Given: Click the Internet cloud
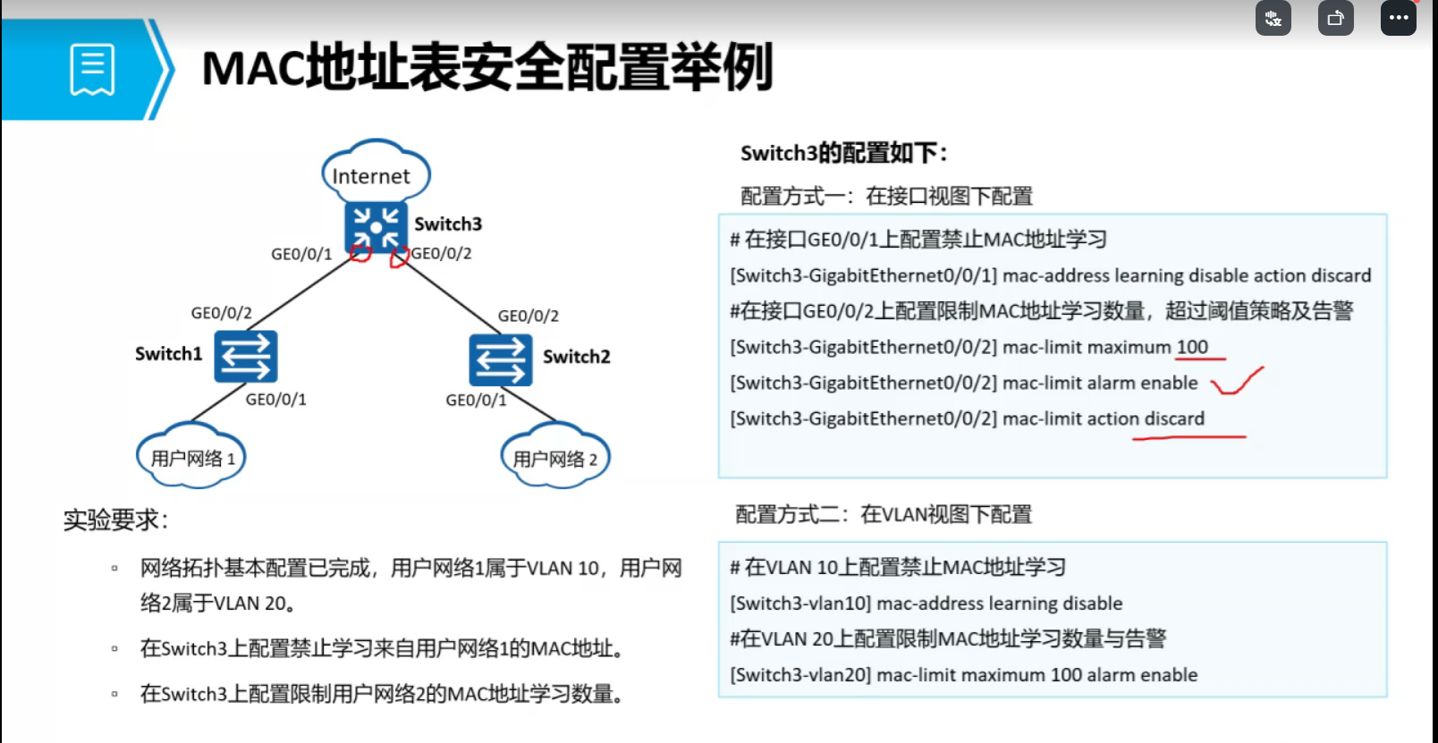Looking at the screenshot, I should pyautogui.click(x=375, y=174).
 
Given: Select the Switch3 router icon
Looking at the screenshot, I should pyautogui.click(x=376, y=227).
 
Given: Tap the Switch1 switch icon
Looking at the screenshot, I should pyautogui.click(x=246, y=356).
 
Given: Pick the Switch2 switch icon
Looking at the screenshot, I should pyautogui.click(x=500, y=359).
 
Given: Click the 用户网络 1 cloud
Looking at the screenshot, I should pyautogui.click(x=191, y=457).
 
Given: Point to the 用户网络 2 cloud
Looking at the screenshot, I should pyautogui.click(x=554, y=458).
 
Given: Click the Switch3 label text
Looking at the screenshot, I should pyautogui.click(x=448, y=224).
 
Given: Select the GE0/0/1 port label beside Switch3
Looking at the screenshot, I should pyautogui.click(x=301, y=255).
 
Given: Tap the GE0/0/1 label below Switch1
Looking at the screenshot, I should pyautogui.click(x=275, y=400).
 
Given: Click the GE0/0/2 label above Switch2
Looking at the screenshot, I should pyautogui.click(x=528, y=317).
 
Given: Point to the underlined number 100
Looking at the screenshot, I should pyautogui.click(x=1192, y=347).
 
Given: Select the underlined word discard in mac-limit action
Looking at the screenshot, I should pyautogui.click(x=1174, y=418).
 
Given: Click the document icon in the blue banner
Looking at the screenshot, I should pyautogui.click(x=92, y=70).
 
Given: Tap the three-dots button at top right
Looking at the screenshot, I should pyautogui.click(x=1399, y=18).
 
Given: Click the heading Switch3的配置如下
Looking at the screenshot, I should pyautogui.click(x=843, y=153).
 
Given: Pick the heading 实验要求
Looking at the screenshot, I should pyautogui.click(x=115, y=519).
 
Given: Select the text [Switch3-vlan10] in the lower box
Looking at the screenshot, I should pyautogui.click(x=800, y=604).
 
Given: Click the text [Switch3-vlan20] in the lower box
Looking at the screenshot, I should pyautogui.click(x=800, y=675).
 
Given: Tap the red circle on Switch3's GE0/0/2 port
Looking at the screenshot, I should pyautogui.click(x=400, y=258).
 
